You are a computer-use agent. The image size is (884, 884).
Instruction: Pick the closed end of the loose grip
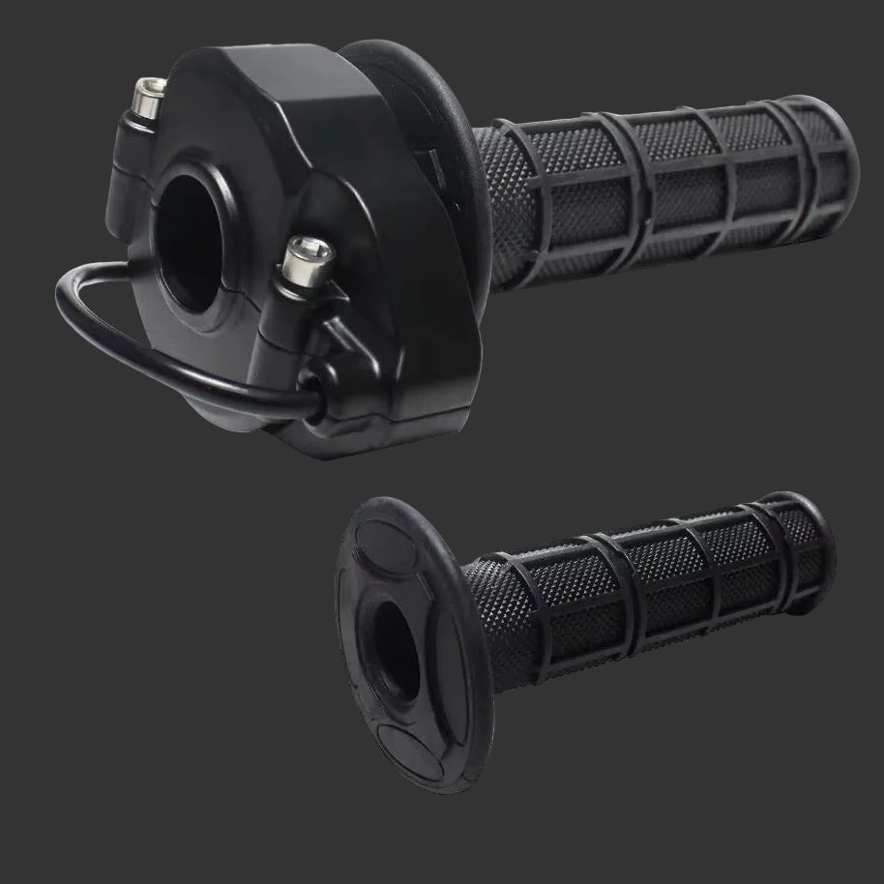click(x=817, y=546)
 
